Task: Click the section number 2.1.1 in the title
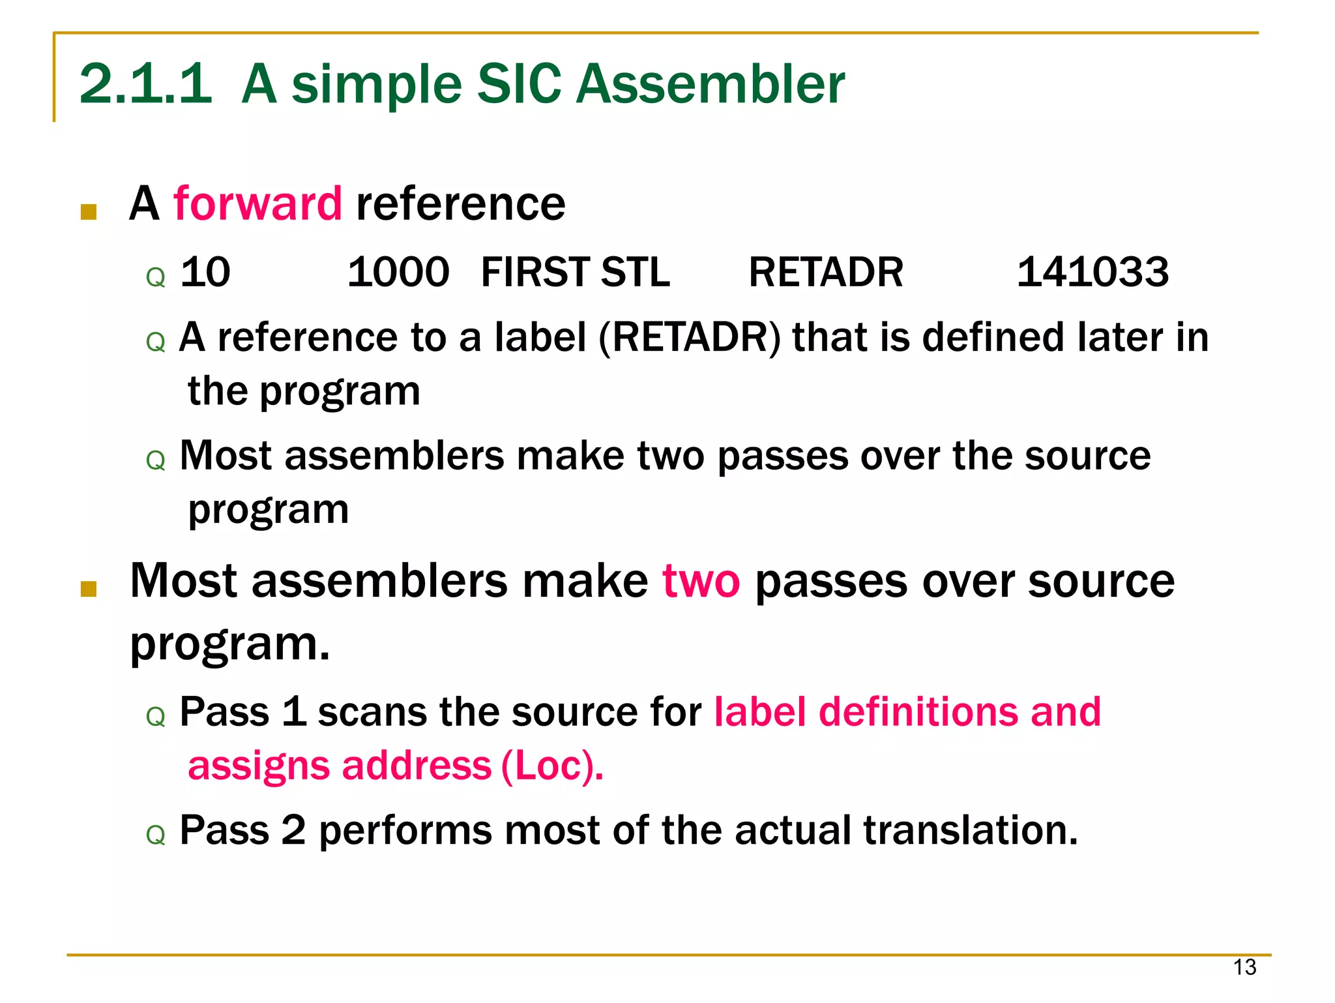[145, 84]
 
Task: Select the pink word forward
[257, 203]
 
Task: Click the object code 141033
[1093, 272]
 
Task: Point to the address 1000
[398, 272]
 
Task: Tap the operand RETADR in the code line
[825, 272]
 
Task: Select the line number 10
[205, 272]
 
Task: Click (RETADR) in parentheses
[689, 338]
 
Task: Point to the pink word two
[701, 580]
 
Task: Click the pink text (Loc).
[551, 766]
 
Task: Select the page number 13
[1244, 966]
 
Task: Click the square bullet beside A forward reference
[89, 212]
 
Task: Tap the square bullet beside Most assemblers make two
[89, 589]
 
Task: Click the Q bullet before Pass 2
[156, 835]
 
